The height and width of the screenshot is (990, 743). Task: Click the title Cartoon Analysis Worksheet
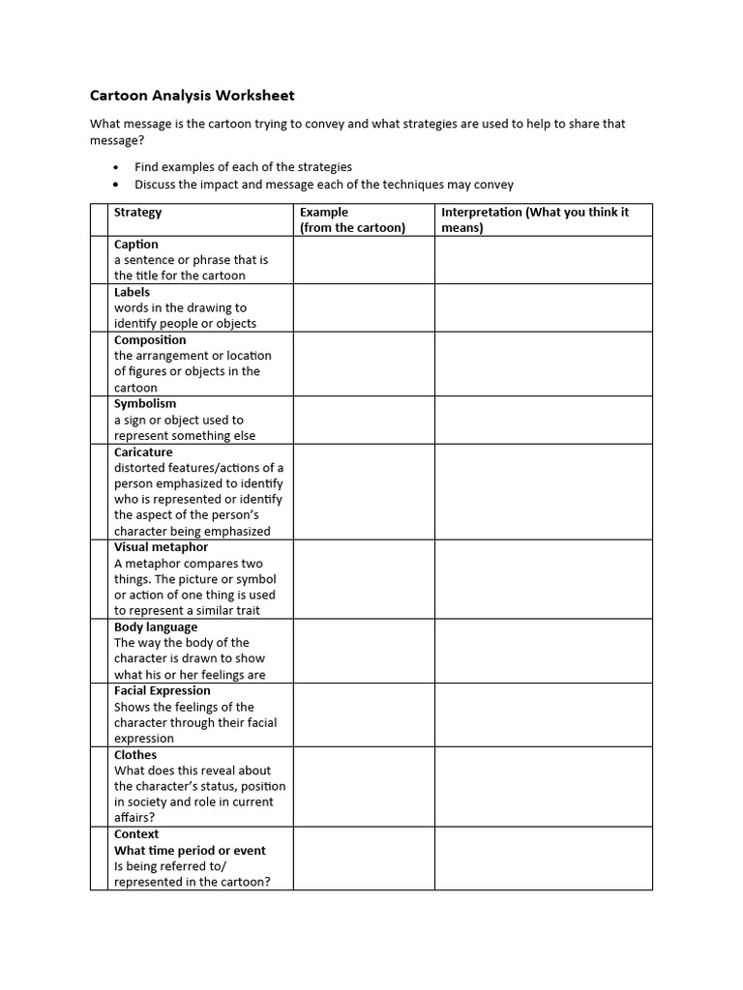pos(192,96)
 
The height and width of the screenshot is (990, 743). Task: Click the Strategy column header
pos(138,213)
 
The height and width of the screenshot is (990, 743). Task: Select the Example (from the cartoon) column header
pos(352,220)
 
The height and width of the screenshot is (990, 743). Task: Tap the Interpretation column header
pos(534,220)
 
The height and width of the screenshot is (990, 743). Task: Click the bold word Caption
pos(136,245)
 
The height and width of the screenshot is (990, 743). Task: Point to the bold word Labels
pos(133,292)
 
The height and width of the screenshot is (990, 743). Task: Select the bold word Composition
pos(150,340)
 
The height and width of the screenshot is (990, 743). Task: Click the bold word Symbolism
pos(145,404)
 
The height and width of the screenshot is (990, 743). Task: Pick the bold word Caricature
pos(143,452)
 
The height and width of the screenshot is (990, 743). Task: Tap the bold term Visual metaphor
pos(161,547)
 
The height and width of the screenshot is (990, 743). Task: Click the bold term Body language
pos(156,627)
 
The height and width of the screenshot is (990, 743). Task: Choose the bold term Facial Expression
pos(162,691)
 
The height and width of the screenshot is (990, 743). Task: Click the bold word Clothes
pos(135,755)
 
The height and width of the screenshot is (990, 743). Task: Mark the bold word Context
pos(136,834)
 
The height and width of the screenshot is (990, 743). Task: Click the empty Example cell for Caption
pos(363,260)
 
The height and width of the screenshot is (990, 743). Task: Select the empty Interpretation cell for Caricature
pos(543,491)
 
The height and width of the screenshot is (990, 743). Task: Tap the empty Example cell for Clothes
pos(363,786)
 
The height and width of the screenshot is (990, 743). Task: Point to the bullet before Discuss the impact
pos(117,185)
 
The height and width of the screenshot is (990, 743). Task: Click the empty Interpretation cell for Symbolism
pos(543,420)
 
